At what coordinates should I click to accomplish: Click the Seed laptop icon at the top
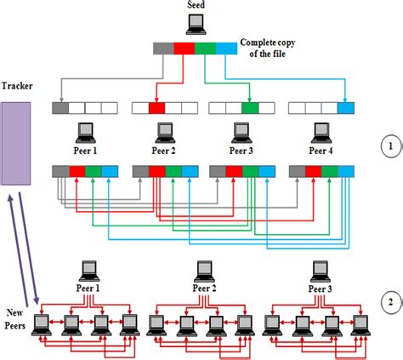point(196,24)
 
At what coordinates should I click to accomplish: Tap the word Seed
point(196,4)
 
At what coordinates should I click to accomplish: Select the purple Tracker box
point(16,144)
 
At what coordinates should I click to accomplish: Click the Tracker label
point(17,86)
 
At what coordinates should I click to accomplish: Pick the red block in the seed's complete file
point(184,49)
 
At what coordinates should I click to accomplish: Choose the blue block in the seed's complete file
point(226,49)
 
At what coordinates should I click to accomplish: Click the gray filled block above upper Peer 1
point(60,108)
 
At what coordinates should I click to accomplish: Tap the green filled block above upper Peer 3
point(250,108)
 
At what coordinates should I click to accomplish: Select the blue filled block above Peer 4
point(346,108)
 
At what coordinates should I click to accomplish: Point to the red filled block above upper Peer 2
point(156,108)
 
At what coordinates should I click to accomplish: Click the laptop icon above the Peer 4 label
point(321,133)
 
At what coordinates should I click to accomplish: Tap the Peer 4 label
point(321,151)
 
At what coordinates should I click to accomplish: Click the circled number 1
point(391,146)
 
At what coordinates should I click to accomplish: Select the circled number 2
point(391,302)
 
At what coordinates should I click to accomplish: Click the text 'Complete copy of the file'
point(268,48)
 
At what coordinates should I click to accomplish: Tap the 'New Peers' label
point(15,319)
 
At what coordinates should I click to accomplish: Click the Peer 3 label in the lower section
point(320,289)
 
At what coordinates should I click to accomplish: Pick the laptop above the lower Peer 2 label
point(204,271)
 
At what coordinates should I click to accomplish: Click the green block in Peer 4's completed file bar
point(330,172)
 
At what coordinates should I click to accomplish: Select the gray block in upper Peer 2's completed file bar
point(141,172)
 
